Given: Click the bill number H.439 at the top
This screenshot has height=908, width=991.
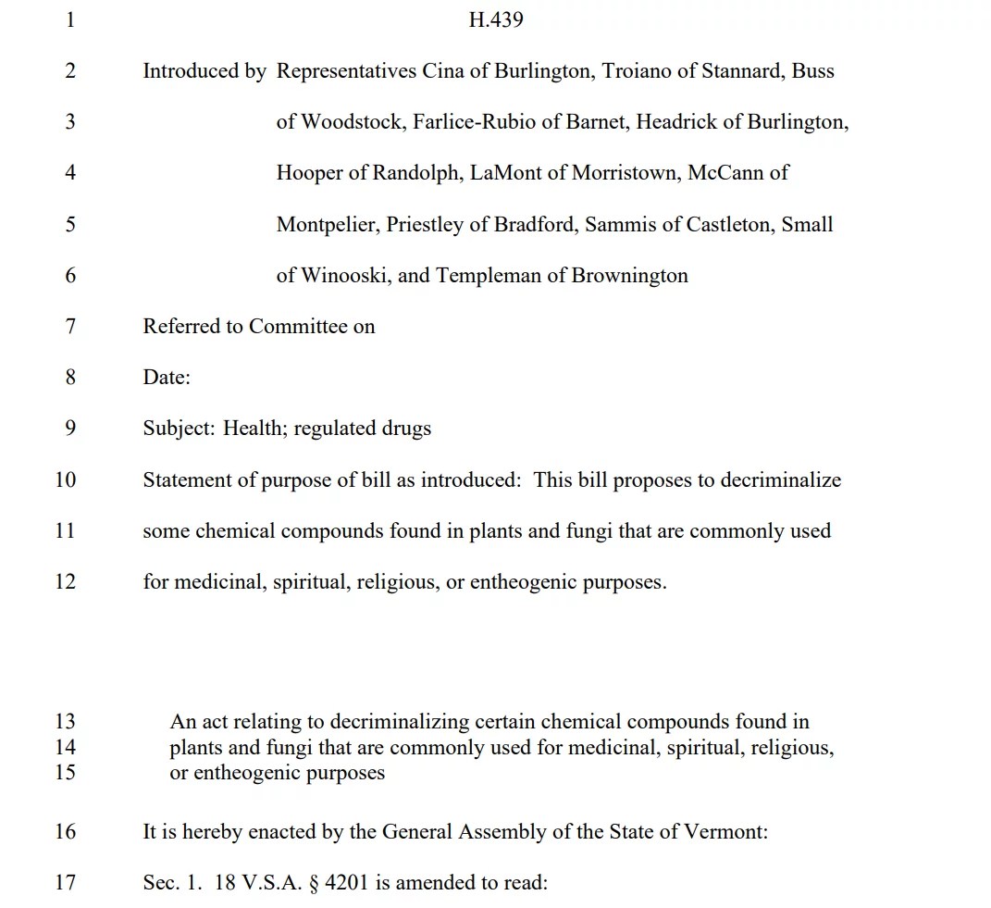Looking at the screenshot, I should point(496,19).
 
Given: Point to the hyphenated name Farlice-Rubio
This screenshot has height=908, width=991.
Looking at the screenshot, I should point(474,122).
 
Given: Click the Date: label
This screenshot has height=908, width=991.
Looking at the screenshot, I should point(167,378).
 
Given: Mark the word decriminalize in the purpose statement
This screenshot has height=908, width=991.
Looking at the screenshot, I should point(781,480).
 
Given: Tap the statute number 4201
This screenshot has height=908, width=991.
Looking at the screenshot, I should point(347,882).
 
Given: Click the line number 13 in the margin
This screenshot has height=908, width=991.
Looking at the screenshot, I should point(65,722).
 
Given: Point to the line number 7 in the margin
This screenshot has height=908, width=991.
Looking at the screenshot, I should point(69,327).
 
